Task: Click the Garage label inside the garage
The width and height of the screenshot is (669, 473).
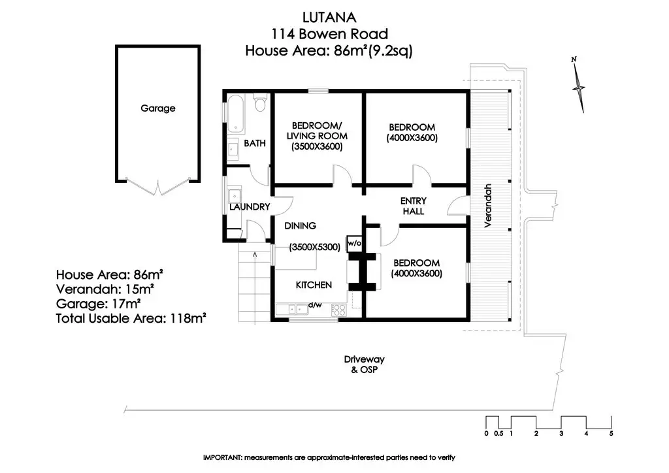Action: coord(158,108)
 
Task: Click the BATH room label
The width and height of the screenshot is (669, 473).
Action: coord(254,143)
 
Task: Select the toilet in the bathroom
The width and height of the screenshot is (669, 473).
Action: coord(260,105)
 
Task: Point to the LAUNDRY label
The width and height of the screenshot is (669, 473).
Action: coord(250,207)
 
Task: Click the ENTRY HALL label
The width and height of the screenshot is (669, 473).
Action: coord(413,206)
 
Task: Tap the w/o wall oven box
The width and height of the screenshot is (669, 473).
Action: coord(355,242)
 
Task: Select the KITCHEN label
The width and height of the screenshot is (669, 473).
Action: coord(314,285)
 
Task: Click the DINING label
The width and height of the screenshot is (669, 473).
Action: coord(301,225)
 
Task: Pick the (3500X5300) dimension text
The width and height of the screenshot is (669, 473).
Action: coord(315,247)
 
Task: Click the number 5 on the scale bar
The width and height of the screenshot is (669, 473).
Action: coord(611,434)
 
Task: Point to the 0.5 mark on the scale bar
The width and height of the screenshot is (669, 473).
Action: coord(498,434)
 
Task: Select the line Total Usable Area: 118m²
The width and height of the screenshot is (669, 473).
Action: coord(131,318)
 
